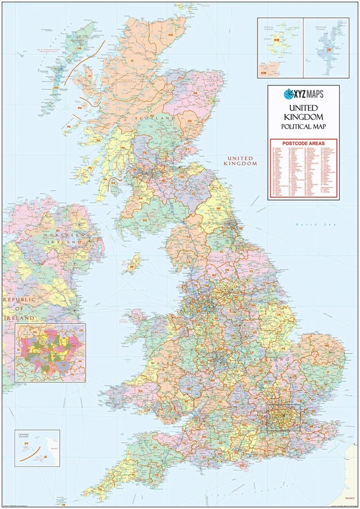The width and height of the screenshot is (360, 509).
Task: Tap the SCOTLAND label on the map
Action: click(x=155, y=119)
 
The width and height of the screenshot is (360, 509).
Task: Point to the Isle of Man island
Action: click(x=134, y=262)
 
